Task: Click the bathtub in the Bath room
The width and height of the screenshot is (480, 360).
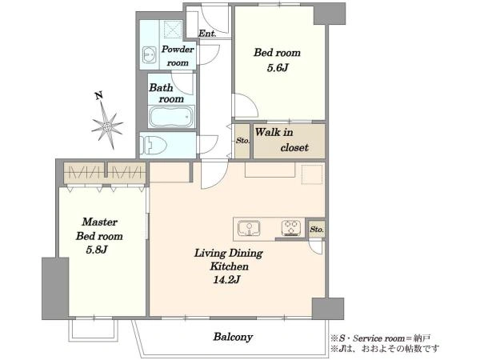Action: point(171,117)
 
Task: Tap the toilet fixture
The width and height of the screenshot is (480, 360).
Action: point(153,145)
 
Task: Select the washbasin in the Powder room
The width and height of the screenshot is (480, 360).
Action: point(150,55)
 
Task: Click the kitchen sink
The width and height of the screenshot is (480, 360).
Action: point(249,228)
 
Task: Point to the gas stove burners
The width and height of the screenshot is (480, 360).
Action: point(291,228)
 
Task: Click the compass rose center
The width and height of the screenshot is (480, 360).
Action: point(107,126)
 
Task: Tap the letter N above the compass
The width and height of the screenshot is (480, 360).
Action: point(98,96)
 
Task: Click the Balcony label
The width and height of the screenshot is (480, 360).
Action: point(233,337)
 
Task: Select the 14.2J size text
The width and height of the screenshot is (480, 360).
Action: point(226,280)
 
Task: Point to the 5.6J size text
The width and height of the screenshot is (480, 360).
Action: point(278,68)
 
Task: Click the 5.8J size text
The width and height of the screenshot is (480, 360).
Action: point(97,250)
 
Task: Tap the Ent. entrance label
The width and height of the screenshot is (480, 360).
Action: point(207,34)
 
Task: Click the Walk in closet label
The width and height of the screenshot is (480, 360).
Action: point(282,140)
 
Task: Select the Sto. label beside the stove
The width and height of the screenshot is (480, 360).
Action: point(317,230)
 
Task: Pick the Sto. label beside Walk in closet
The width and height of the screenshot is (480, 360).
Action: point(242,141)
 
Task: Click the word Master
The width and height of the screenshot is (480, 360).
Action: point(100,222)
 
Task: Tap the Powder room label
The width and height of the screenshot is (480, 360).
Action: point(178,56)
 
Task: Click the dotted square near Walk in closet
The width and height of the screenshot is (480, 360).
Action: point(312,174)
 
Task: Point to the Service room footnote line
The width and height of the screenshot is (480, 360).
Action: point(381,338)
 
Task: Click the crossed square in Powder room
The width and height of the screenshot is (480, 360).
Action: point(173,30)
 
